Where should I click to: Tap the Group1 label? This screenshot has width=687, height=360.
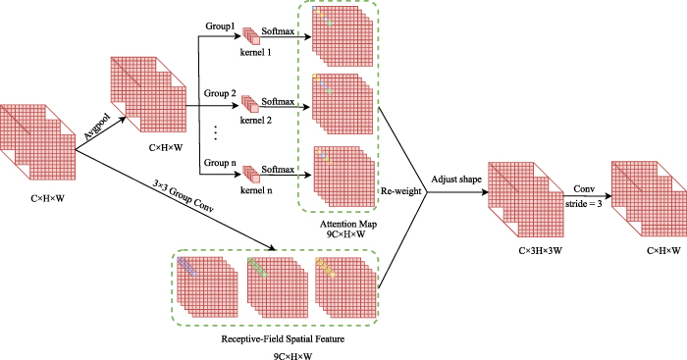click(221, 26)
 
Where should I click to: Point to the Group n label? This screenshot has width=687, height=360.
click(221, 161)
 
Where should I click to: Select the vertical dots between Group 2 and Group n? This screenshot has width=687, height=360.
click(216, 130)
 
